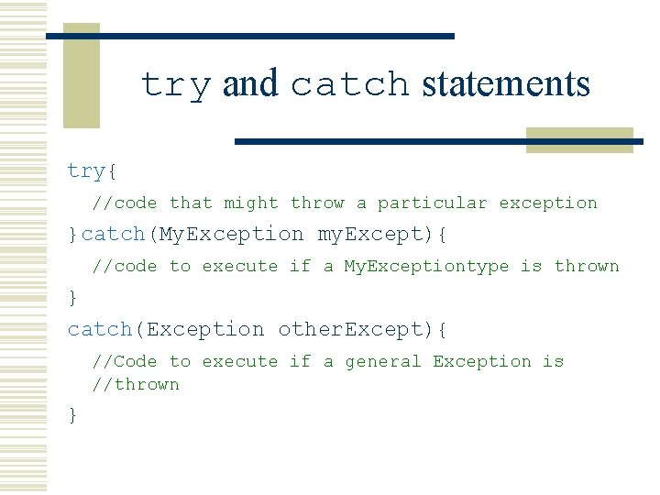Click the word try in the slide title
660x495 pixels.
click(176, 85)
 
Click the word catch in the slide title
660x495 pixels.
click(349, 85)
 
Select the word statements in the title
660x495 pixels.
click(505, 84)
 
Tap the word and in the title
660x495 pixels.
click(250, 84)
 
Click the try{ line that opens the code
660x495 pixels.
click(92, 170)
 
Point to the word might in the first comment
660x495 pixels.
click(251, 203)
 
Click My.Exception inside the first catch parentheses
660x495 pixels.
click(232, 234)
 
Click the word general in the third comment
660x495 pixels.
click(382, 361)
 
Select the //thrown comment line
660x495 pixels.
click(135, 384)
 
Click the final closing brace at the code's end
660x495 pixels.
click(73, 415)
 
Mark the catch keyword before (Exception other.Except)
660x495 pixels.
click(100, 329)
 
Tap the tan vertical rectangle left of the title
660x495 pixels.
click(81, 78)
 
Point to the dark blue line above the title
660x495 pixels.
click(249, 36)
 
